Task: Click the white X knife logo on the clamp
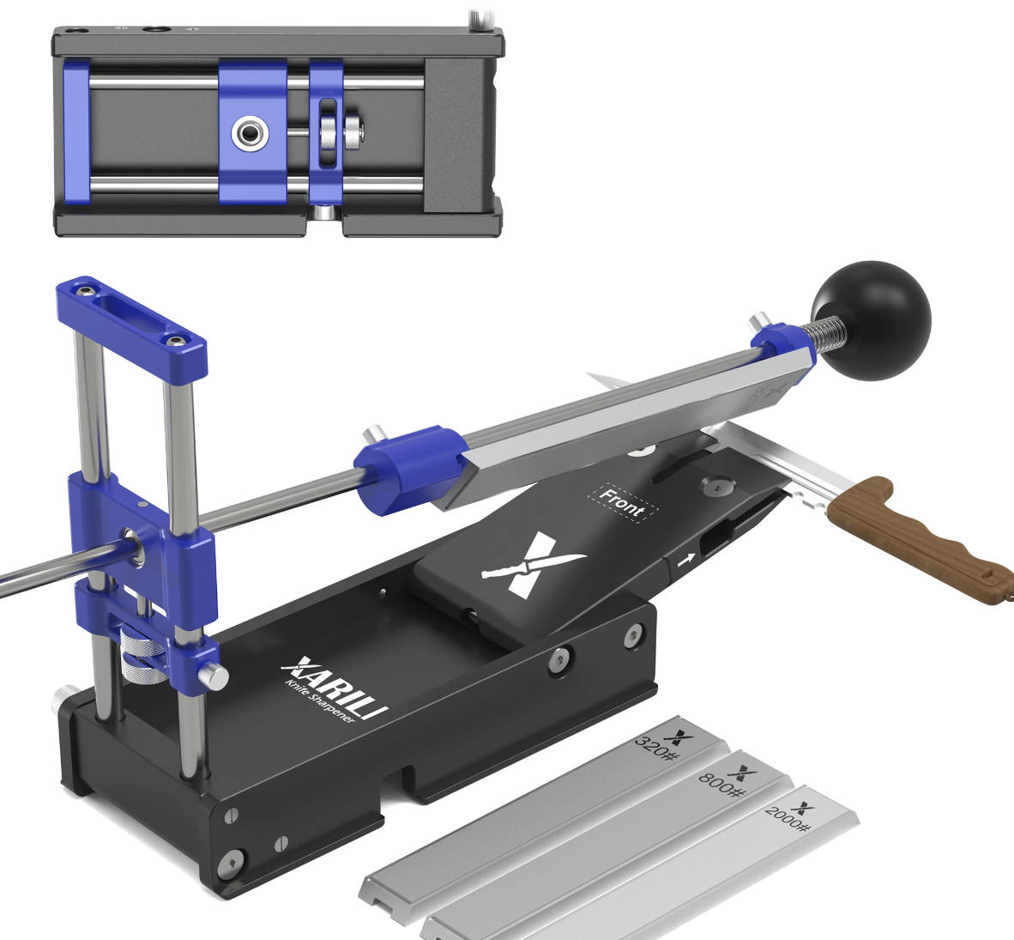point(532,564)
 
